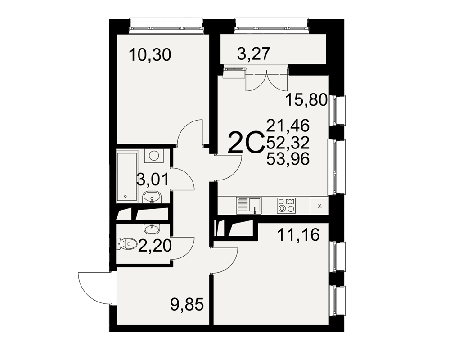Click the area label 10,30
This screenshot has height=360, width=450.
tap(150, 55)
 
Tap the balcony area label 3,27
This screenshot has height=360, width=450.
tap(254, 54)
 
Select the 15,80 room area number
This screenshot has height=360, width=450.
tap(306, 100)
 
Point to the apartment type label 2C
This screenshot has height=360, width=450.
tap(245, 142)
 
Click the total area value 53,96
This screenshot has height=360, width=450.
tap(288, 159)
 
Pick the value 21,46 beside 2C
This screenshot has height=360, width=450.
tap(288, 126)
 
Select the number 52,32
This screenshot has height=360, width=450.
tap(288, 142)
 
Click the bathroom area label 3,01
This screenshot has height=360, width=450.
tap(153, 180)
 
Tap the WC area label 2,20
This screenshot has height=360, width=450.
tap(155, 246)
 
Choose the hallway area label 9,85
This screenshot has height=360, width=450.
tap(187, 305)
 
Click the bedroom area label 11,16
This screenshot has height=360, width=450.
tap(298, 235)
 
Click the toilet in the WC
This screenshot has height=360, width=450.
tap(126, 244)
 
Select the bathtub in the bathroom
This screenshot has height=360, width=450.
tap(127, 177)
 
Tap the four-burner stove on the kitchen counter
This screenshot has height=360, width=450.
tap(286, 206)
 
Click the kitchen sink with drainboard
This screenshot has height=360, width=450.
tap(249, 206)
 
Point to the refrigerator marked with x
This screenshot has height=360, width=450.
tap(319, 206)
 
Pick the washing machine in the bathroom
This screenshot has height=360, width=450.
tap(154, 156)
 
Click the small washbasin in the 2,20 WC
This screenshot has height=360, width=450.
tap(152, 229)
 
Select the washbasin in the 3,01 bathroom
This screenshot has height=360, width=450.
tap(152, 198)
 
